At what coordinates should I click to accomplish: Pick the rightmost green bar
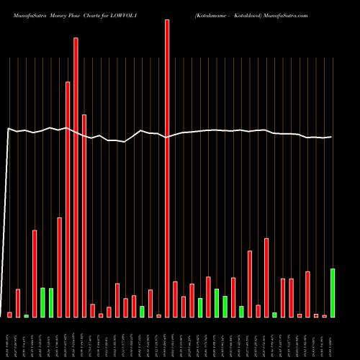pos(333,293)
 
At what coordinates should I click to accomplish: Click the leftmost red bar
pos(9,315)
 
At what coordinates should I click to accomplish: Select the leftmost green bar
pos(26,315)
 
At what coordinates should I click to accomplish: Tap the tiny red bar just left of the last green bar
pos(324,316)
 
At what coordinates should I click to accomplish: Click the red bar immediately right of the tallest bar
pos(175,299)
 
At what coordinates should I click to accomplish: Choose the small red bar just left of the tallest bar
pos(158,315)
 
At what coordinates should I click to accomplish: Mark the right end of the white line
pos(332,137)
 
